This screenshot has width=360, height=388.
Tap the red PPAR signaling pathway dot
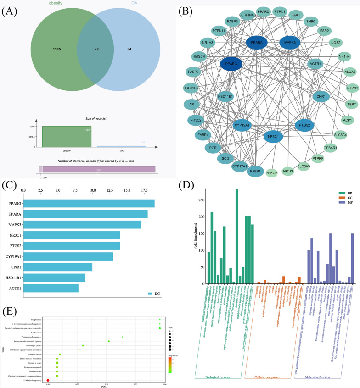point(48,380)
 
